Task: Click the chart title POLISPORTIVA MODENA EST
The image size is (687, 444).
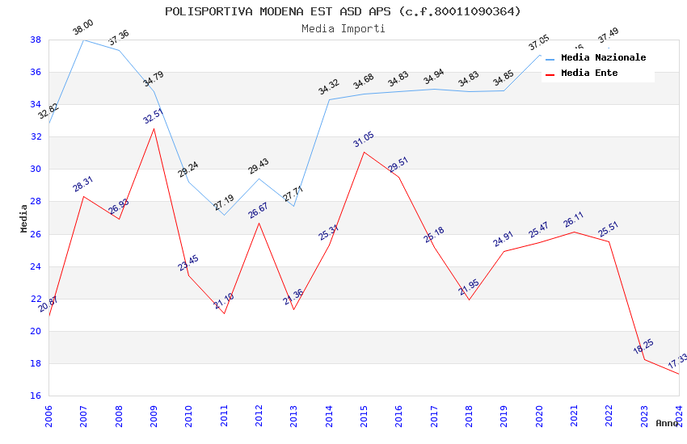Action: [343, 11]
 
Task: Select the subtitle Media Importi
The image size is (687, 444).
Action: [343, 28]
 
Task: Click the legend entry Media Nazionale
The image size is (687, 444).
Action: [603, 57]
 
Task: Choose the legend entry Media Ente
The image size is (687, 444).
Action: [589, 73]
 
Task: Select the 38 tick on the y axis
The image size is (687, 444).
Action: [36, 40]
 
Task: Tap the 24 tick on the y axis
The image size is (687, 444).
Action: [36, 266]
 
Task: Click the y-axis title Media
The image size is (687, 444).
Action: [24, 218]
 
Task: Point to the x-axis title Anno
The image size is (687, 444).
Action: [667, 423]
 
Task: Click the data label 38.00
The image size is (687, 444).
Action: [83, 27]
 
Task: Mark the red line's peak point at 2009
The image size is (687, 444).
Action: [154, 128]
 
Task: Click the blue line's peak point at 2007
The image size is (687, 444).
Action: [83, 40]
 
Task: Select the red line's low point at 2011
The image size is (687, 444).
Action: [224, 313]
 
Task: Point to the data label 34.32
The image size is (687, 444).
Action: [329, 87]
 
